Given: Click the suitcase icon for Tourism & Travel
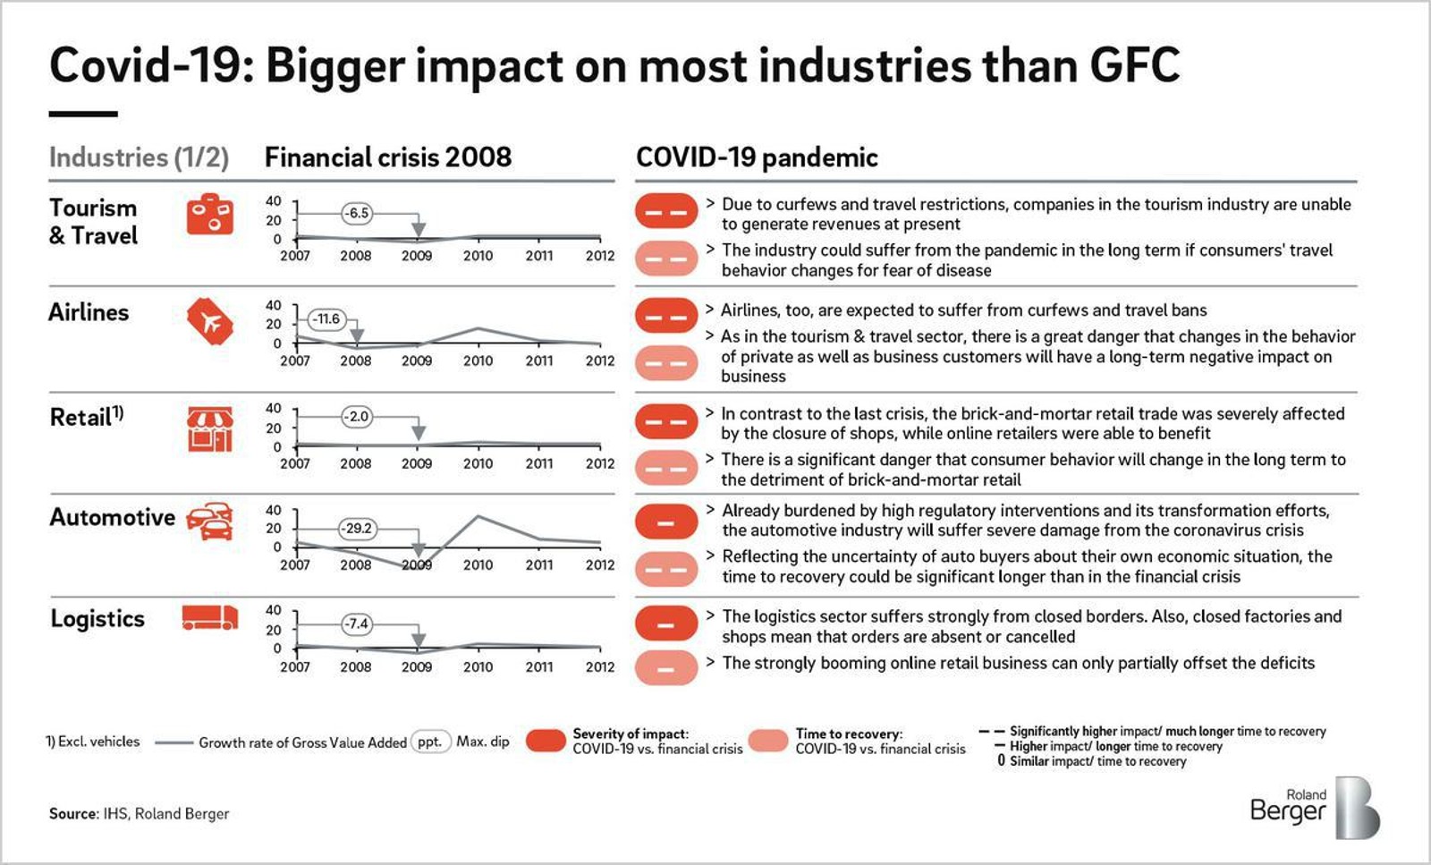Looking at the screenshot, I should [x=209, y=215].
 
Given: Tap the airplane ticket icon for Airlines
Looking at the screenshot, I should [x=209, y=321].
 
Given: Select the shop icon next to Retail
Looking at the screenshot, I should [x=209, y=428].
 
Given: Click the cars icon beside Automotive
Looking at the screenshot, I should [x=210, y=522].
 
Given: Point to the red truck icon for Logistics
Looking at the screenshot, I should [x=209, y=618].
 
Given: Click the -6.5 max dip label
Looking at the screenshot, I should [x=357, y=213].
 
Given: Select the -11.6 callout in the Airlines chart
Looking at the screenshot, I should [x=326, y=318].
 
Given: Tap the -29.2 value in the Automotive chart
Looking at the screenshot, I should [x=357, y=528].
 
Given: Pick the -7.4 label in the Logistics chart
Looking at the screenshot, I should [x=357, y=623].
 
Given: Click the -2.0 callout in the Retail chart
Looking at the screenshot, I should [x=357, y=416].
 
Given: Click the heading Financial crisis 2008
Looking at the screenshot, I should [x=387, y=157].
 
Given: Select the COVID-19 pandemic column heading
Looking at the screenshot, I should [x=757, y=157].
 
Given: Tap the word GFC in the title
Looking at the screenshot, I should [x=1134, y=65].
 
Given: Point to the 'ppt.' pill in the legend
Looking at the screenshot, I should [x=430, y=742].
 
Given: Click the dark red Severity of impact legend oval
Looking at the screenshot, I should [x=546, y=741].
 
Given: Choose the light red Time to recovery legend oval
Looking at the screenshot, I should [x=768, y=741].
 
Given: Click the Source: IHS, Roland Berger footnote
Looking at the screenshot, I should [x=139, y=813].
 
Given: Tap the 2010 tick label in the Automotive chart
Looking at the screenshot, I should [x=478, y=564].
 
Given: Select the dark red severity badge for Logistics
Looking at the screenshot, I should [x=666, y=623].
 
